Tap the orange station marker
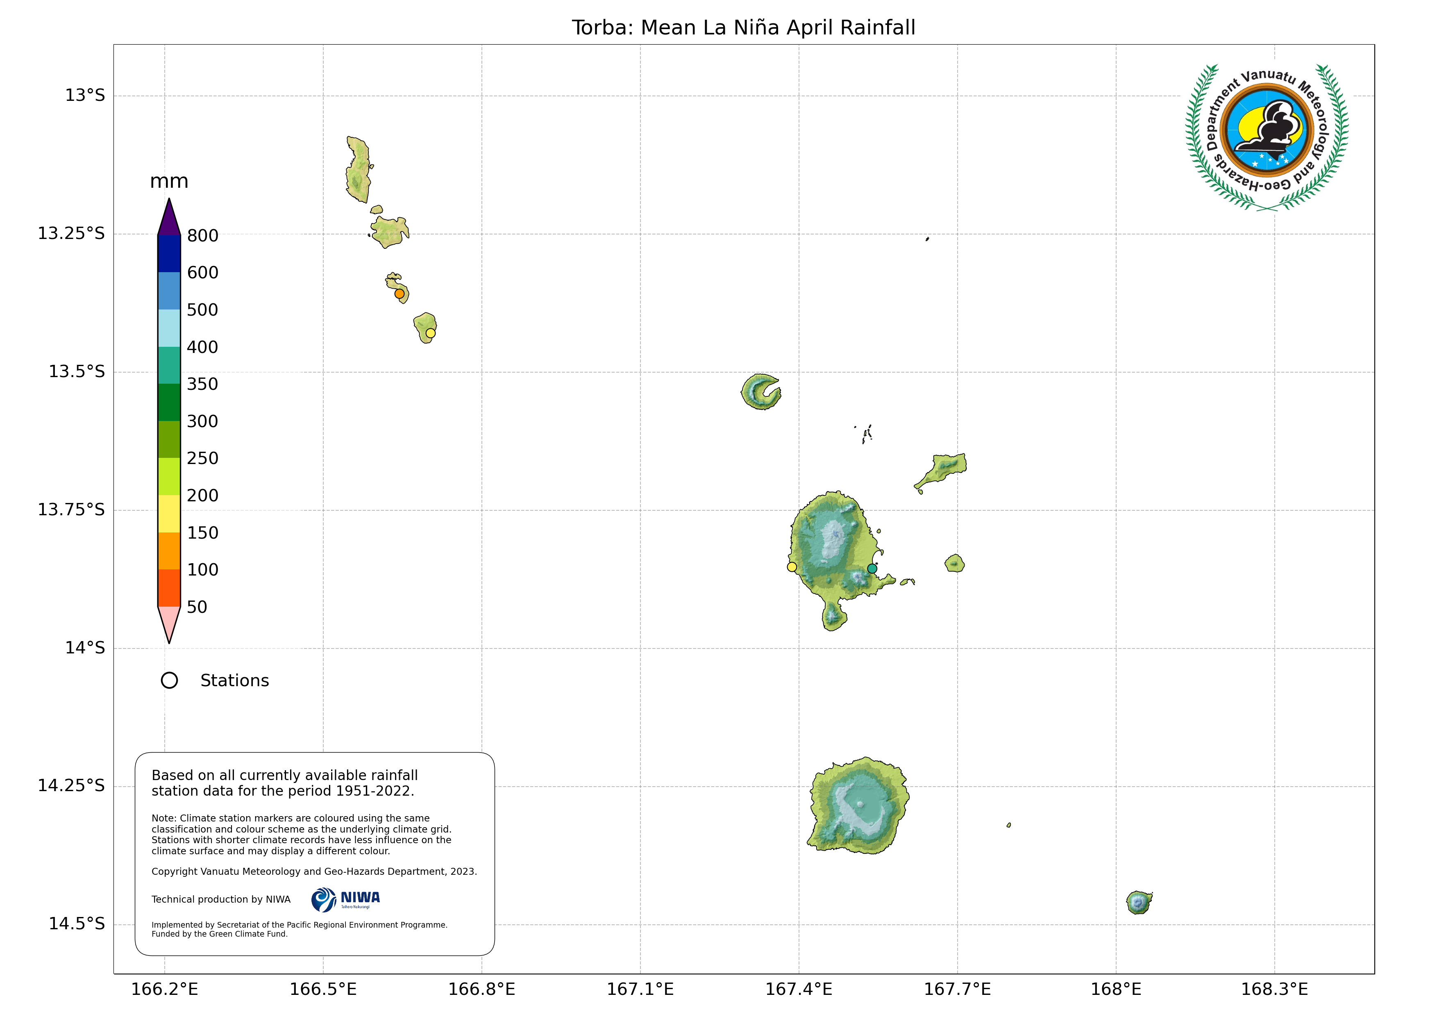(x=400, y=293)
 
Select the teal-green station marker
(x=872, y=569)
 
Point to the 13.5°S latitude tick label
(x=76, y=371)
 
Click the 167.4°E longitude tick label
(x=799, y=990)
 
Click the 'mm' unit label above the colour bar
(x=169, y=182)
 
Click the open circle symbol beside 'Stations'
(x=169, y=681)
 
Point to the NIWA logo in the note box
(x=345, y=900)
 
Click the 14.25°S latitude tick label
(x=71, y=785)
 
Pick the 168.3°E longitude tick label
(x=1274, y=990)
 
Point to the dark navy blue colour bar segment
(x=169, y=254)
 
